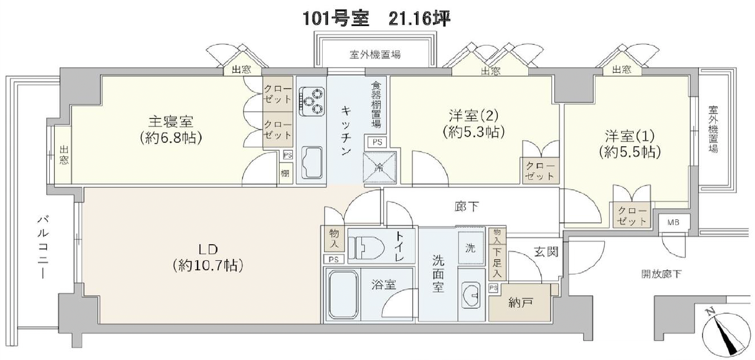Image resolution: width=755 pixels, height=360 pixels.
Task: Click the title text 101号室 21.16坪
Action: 376,18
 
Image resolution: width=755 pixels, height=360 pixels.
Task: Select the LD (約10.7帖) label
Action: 207,257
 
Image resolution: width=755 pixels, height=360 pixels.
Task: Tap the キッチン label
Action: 347,131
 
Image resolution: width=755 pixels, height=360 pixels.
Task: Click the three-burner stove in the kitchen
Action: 311,102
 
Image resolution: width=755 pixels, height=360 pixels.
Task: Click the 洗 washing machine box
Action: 470,248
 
